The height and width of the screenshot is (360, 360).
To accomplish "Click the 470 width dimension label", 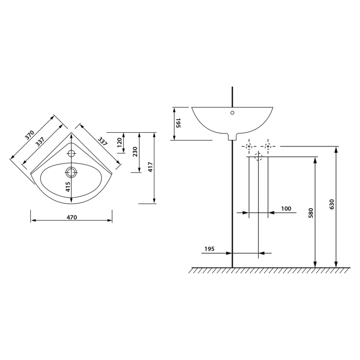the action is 72,217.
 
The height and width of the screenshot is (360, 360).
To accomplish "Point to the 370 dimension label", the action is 30,135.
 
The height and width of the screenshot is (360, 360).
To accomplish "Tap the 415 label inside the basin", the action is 68,187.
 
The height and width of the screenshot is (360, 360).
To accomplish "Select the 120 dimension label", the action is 120,143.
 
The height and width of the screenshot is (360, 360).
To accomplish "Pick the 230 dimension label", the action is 135,151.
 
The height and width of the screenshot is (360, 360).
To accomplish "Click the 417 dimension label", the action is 150,167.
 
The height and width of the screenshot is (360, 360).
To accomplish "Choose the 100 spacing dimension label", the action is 286,209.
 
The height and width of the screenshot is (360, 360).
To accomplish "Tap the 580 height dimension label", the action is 311,213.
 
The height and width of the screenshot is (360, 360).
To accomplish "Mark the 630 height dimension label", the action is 331,204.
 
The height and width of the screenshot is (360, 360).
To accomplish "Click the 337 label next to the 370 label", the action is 40,142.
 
